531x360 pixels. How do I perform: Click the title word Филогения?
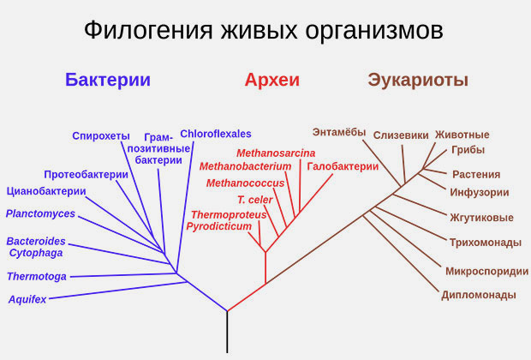[148, 31]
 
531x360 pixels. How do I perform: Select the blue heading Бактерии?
[108, 80]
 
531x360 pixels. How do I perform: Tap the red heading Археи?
[272, 80]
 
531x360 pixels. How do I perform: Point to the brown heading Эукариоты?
[418, 81]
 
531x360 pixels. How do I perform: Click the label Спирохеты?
[101, 136]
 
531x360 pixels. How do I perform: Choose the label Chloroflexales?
[216, 134]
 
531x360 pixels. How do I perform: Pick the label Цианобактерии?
[46, 191]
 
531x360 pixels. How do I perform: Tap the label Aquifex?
[27, 300]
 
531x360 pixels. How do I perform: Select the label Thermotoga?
[37, 277]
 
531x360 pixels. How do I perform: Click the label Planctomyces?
[40, 214]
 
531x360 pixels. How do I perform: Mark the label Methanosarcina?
[276, 153]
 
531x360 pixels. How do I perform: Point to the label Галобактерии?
[343, 167]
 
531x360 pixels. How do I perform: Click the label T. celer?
[255, 200]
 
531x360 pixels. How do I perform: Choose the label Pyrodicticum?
[218, 226]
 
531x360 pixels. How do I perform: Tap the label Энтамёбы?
[339, 132]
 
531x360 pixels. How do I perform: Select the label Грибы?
[468, 150]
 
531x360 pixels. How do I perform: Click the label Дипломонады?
[479, 295]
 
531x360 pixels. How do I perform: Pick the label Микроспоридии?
[487, 272]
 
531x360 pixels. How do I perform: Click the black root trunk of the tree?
[227, 333]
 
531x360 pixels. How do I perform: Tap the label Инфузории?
[480, 193]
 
